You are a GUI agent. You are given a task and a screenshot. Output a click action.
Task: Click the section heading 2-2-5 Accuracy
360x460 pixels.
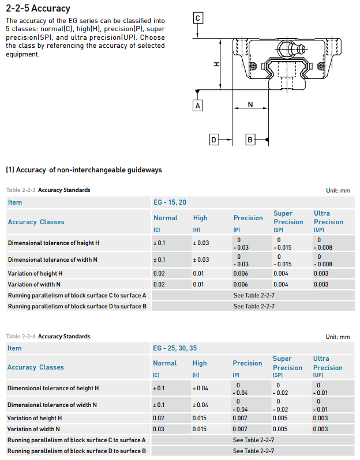38,9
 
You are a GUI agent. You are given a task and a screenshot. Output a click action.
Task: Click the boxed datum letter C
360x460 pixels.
198,18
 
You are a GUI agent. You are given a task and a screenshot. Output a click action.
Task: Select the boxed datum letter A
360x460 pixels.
198,105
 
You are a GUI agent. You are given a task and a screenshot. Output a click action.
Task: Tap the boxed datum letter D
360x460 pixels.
213,139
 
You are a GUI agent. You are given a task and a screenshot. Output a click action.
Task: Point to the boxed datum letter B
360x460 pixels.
250,139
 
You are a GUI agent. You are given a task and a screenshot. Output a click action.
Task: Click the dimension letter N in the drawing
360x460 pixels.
250,104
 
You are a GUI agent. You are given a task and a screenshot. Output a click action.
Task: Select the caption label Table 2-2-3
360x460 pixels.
21,190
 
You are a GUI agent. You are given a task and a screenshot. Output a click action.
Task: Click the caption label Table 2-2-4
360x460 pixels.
21,337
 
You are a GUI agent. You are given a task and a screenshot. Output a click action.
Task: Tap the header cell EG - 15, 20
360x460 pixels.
170,202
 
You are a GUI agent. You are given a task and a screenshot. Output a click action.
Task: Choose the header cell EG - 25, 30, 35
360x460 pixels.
174,348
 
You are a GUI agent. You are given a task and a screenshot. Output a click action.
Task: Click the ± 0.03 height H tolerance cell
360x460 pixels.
201,243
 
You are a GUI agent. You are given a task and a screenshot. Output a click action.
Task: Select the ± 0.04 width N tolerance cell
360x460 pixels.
201,405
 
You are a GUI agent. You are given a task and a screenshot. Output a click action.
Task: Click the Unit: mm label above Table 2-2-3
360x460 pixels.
337,191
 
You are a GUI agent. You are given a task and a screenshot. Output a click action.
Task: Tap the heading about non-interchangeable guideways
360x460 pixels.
84,170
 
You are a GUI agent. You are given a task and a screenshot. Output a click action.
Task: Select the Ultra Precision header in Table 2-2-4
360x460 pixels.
328,363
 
